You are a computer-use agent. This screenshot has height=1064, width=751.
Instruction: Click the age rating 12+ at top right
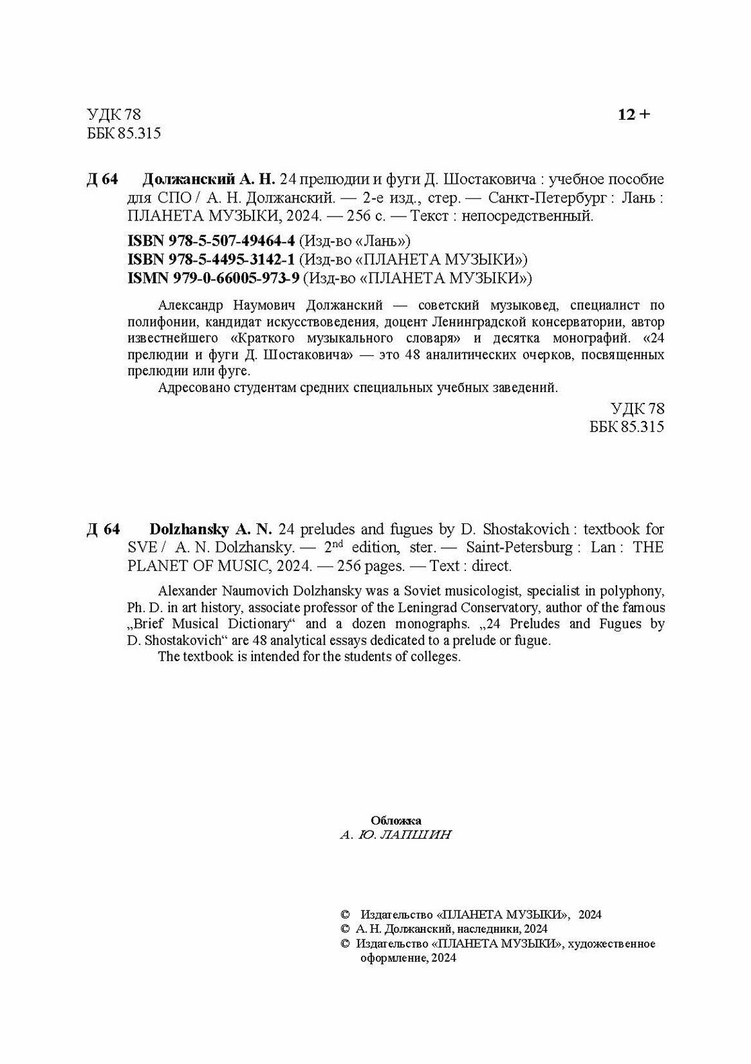tap(634, 115)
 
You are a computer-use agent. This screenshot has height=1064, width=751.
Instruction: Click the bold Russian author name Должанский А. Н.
tap(210, 180)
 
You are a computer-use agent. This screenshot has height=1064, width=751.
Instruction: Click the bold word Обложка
tap(396, 821)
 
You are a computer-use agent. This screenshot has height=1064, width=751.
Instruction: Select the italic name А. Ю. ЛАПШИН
tap(396, 835)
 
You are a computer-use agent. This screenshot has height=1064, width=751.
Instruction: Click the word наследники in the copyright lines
tap(477, 929)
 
